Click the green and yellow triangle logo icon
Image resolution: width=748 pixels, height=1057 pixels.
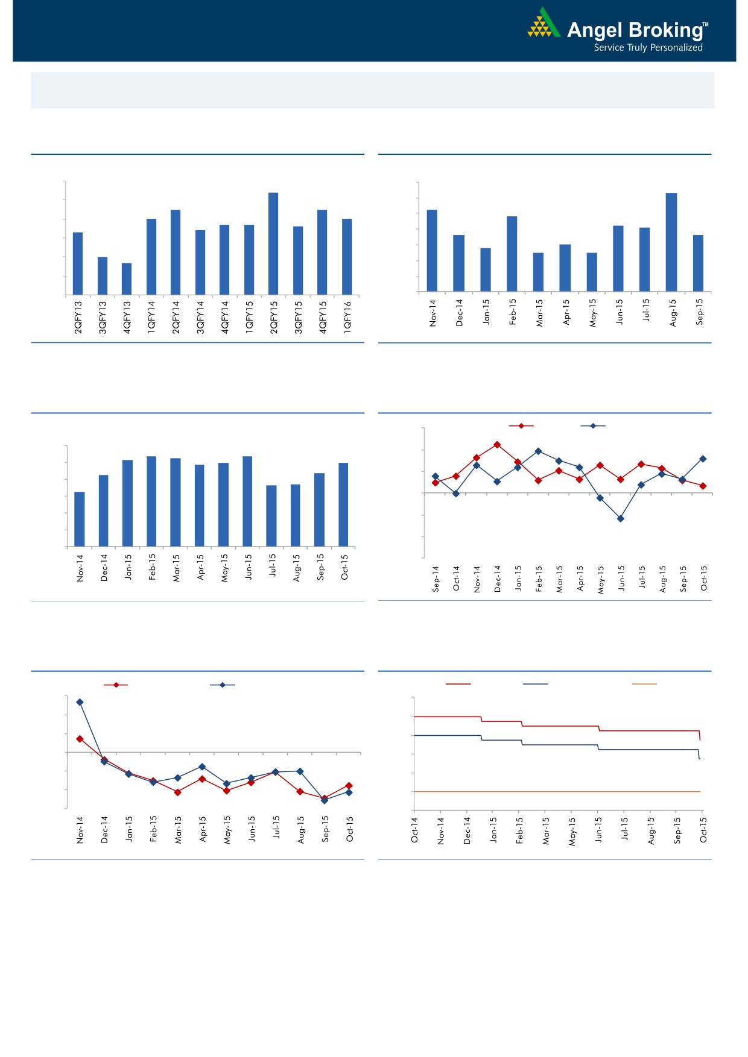pos(543,24)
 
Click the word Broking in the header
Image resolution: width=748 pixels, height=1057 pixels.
pos(664,30)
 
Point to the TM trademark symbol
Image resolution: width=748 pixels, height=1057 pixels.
pos(706,25)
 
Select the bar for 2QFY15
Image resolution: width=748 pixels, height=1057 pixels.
pos(273,243)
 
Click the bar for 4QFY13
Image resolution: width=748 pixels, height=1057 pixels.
pos(127,278)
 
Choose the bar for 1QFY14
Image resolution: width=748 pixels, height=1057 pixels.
pos(151,257)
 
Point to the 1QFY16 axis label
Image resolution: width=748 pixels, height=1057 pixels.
pos(347,317)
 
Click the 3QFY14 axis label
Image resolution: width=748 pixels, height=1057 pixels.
pos(201,317)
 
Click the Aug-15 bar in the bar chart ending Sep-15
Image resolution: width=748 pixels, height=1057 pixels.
pos(671,242)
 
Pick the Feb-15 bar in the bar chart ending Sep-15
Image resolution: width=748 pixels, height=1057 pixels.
pos(512,254)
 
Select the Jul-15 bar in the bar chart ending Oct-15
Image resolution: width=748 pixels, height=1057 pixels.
pos(271,516)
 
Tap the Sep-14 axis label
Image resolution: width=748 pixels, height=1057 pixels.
pos(436,579)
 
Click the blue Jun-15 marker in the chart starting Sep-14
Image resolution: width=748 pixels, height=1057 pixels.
pos(620,518)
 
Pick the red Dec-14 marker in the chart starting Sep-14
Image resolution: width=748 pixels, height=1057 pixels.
pos(497,445)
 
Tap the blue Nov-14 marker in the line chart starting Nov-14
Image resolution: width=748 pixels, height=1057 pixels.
pos(80,702)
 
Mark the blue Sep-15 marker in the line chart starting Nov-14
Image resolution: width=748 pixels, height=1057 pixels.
pos(325,800)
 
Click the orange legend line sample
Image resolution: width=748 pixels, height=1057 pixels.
pos(644,684)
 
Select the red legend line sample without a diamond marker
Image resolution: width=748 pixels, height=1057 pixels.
pos(458,684)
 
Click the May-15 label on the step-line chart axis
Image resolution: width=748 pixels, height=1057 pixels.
pos(572,831)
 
